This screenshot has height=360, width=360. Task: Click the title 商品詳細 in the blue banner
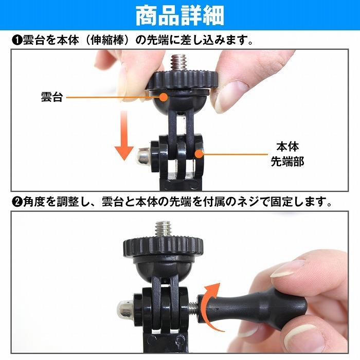pos(179,16)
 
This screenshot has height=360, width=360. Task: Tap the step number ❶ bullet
pos(15,40)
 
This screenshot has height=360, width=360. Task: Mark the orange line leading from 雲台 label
pos(113,97)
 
